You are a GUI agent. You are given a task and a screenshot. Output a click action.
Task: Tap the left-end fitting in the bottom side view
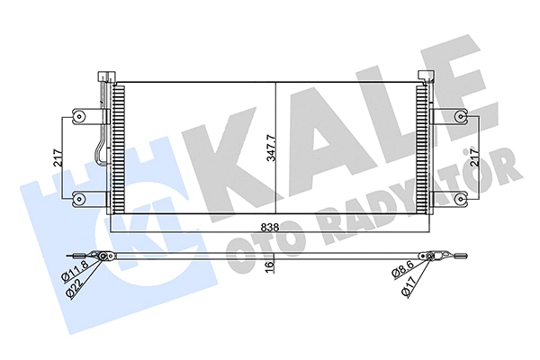pyautogui.click(x=103, y=257)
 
